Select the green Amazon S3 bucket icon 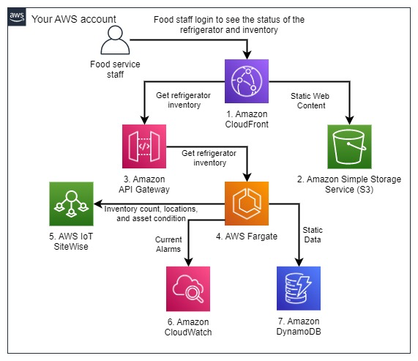(349, 146)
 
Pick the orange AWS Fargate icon (248, 204)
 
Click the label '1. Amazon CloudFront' (248, 119)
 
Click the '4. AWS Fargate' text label (248, 237)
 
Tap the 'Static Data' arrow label (316, 235)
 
